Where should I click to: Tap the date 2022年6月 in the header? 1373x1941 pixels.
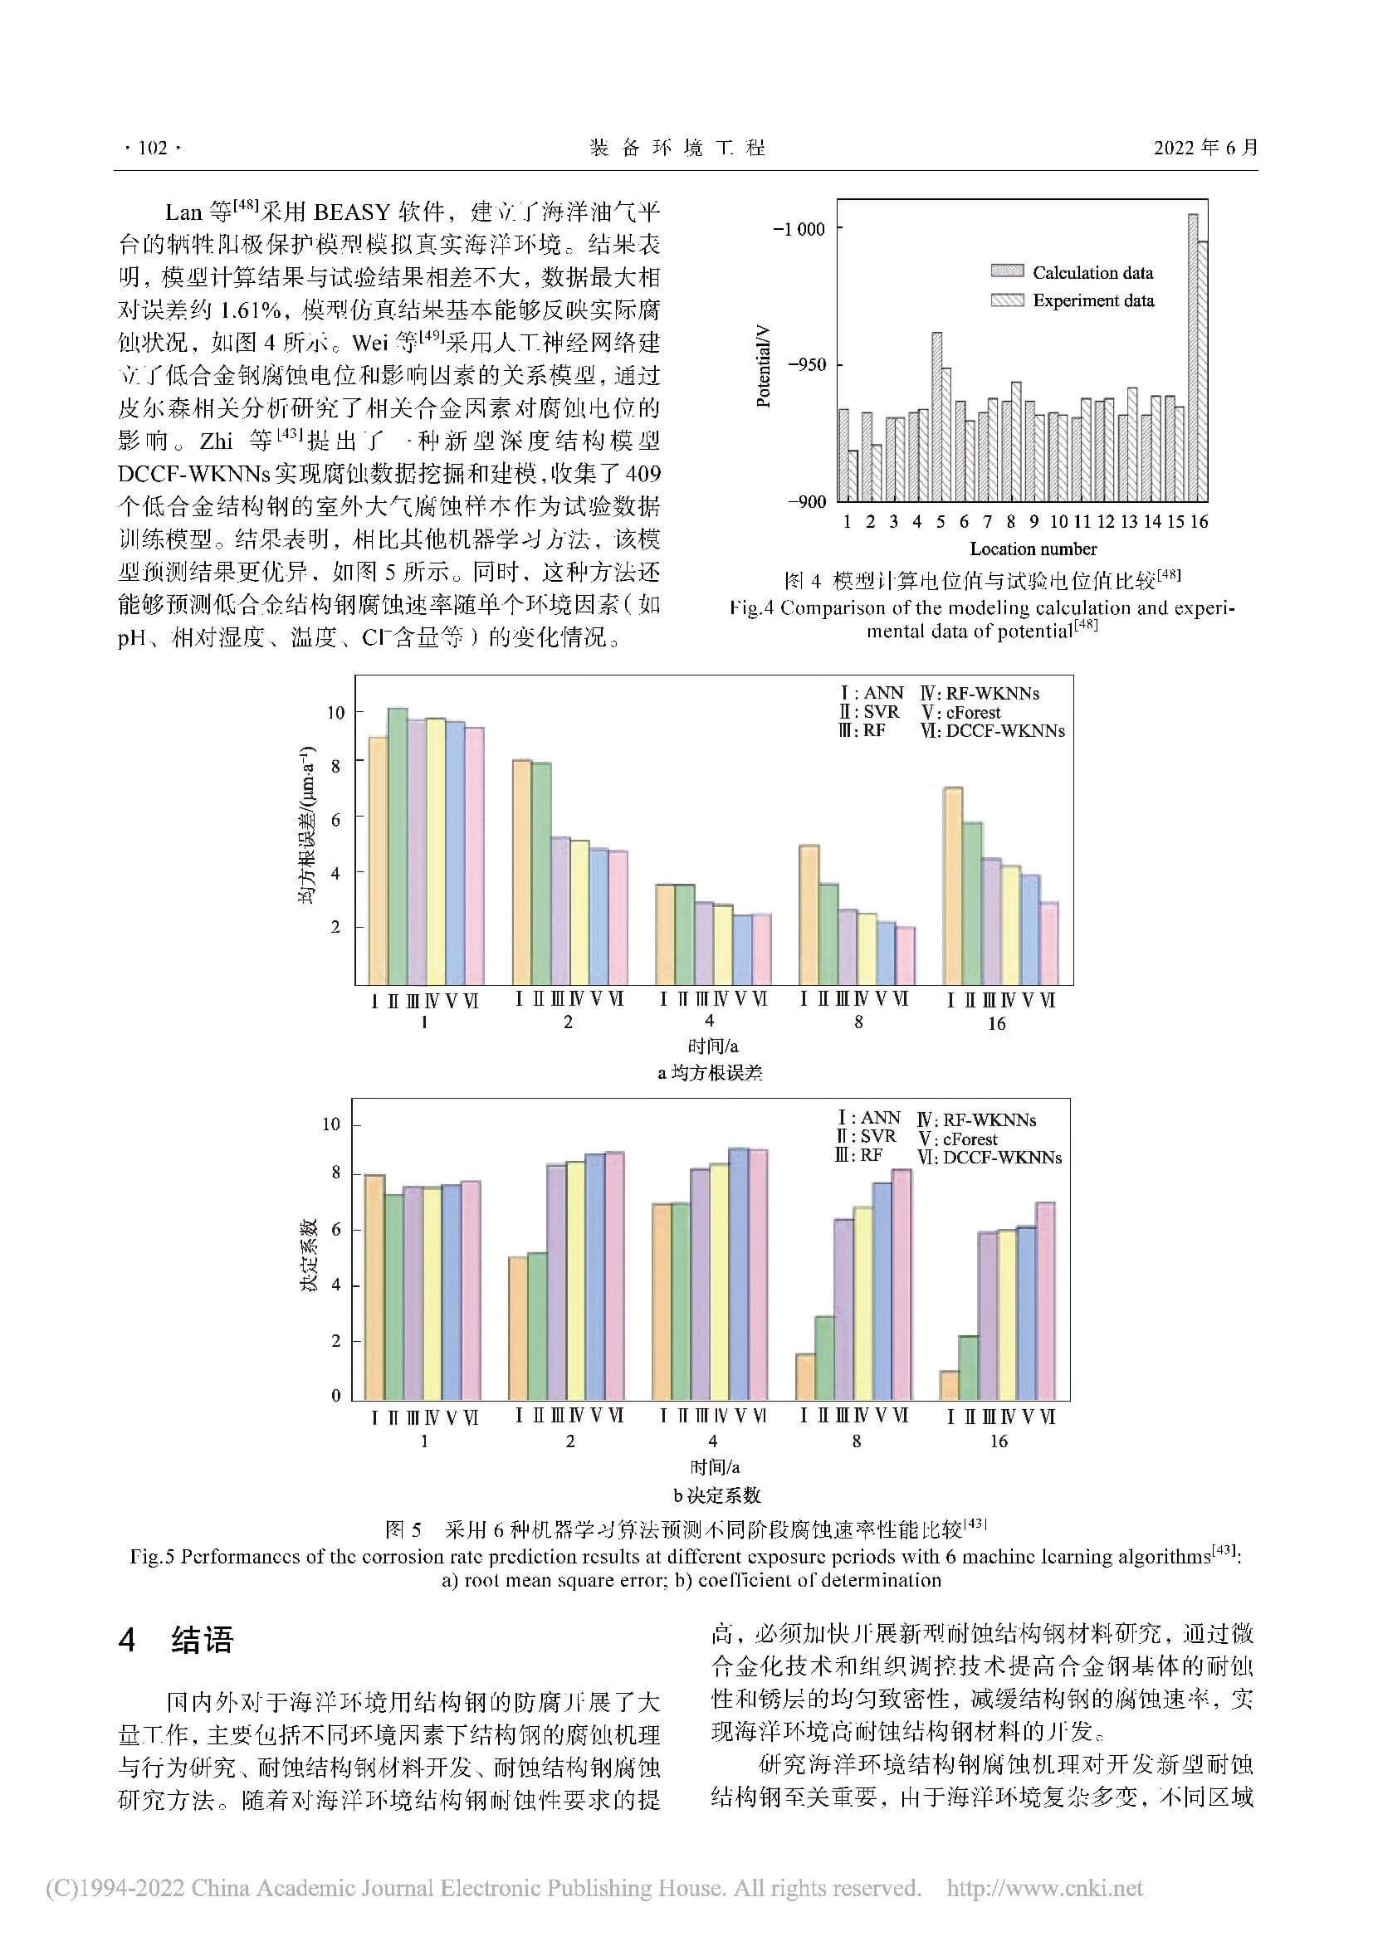(1205, 148)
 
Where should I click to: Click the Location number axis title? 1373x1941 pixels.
(1033, 549)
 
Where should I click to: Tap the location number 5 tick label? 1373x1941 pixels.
(940, 522)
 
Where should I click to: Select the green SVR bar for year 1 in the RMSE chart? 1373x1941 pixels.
(398, 846)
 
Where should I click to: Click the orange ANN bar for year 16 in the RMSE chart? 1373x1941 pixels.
(953, 885)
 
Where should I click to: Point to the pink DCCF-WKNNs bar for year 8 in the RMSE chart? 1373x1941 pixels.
(905, 955)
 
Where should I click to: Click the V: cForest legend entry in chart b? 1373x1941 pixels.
(957, 1139)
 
